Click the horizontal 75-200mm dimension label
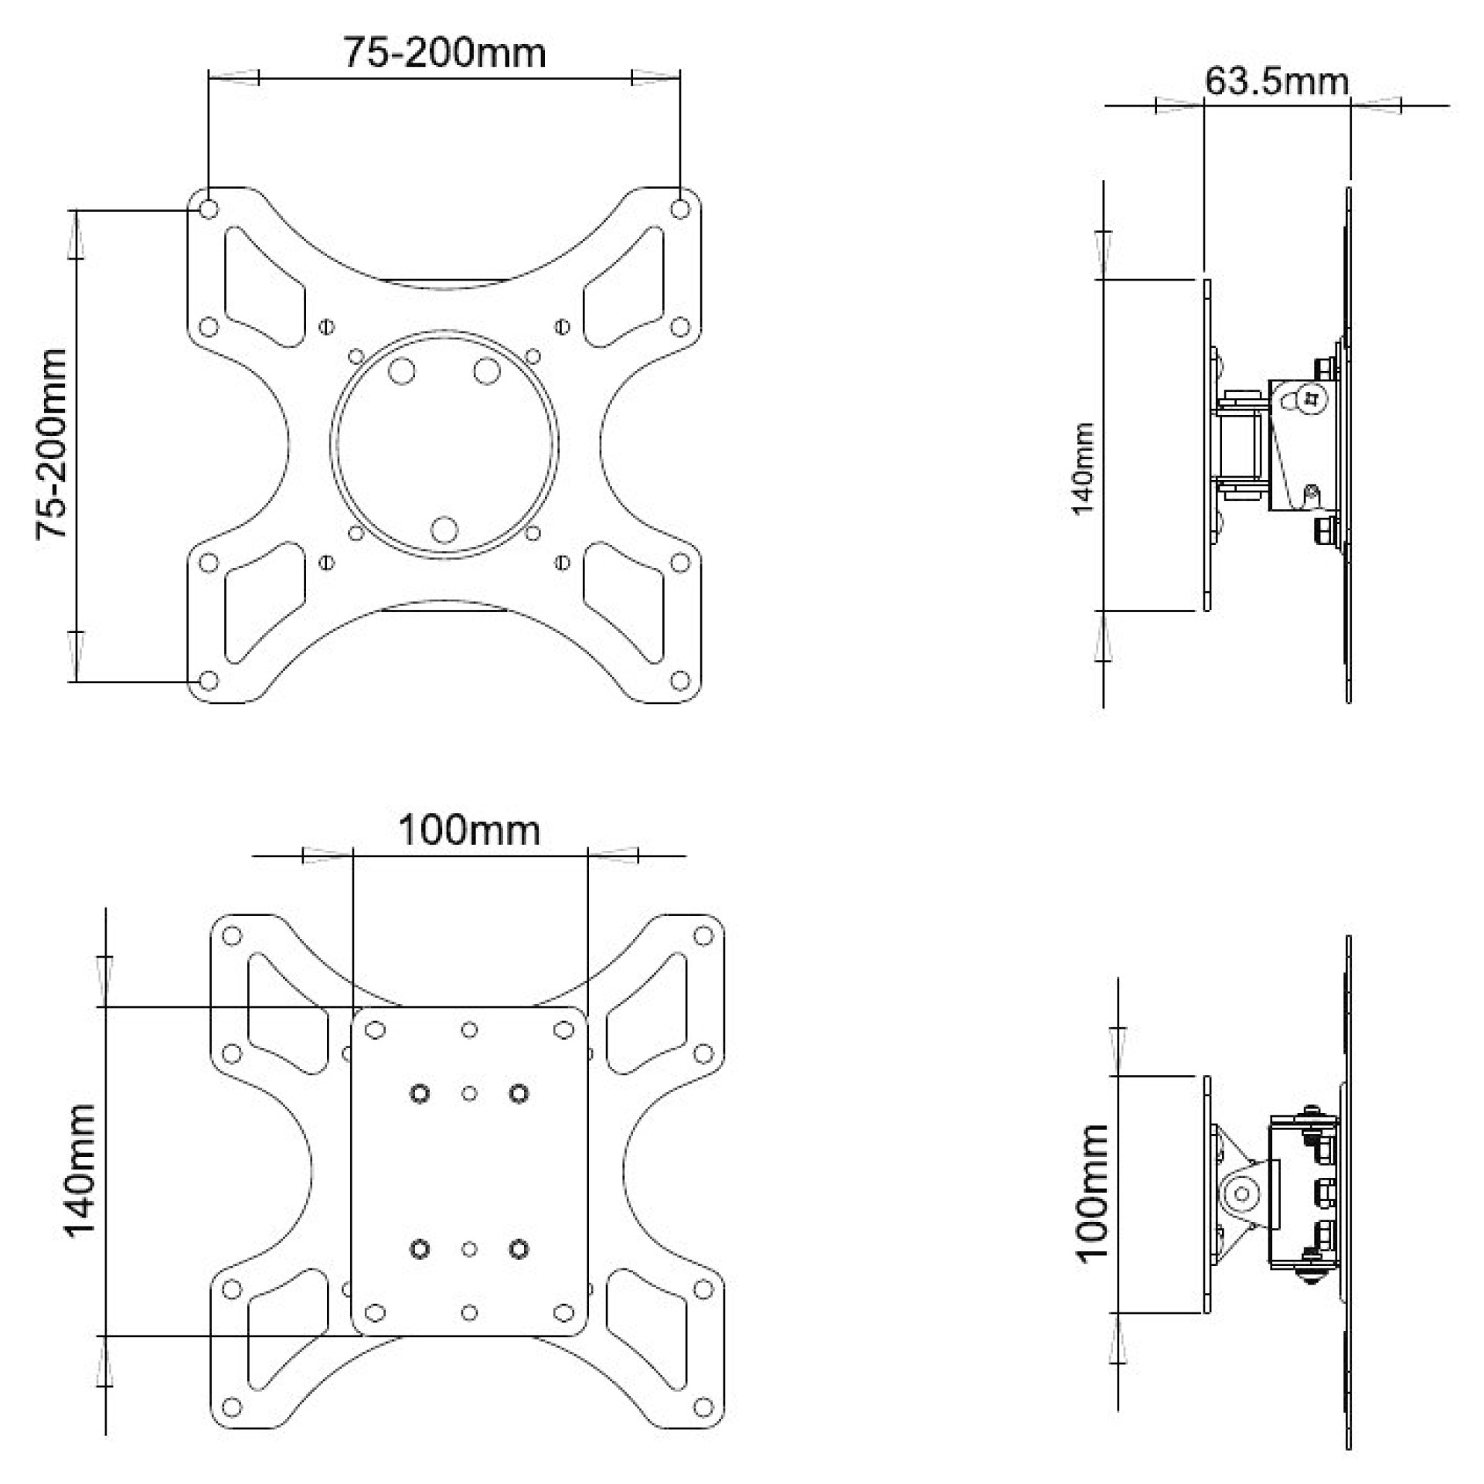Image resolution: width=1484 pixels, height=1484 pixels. tap(444, 53)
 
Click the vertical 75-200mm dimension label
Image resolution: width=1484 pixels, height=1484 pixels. tap(53, 444)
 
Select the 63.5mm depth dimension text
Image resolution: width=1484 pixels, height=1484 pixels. tap(1276, 81)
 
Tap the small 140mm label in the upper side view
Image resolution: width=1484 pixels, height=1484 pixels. tap(1083, 468)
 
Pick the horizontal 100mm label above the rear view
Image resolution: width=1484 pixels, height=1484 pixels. tap(468, 831)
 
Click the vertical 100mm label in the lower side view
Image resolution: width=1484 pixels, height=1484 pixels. tap(1092, 1193)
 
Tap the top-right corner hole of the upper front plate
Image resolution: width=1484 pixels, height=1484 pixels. tap(680, 209)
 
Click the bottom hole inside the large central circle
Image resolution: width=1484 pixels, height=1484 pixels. tap(444, 529)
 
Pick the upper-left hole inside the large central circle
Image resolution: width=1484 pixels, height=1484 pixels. tap(401, 371)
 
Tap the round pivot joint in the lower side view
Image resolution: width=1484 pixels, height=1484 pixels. tap(1242, 1194)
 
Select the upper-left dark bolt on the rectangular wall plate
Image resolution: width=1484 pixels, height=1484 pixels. tap(420, 1094)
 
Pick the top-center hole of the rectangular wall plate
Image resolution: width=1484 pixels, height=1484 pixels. tap(469, 1030)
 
